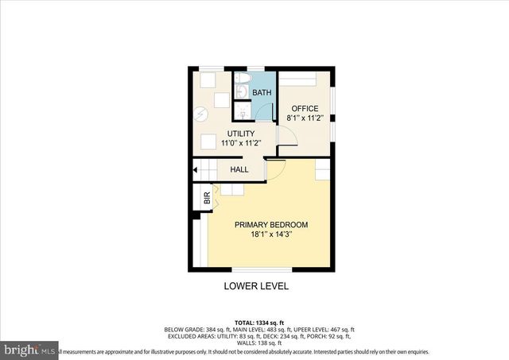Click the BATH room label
(262, 93)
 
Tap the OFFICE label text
(304, 109)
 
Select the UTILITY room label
(241, 134)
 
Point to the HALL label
(239, 169)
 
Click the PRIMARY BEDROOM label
(270, 225)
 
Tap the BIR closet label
(207, 200)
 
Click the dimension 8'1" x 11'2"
(304, 118)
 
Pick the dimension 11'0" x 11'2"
(241, 143)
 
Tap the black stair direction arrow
(196, 168)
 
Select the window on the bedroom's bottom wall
(255, 270)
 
